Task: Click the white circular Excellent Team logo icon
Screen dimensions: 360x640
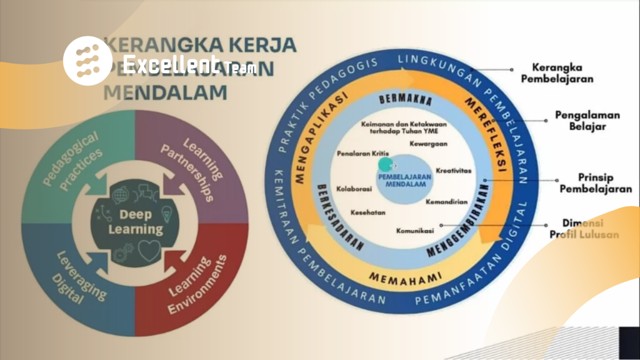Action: pyautogui.click(x=87, y=60)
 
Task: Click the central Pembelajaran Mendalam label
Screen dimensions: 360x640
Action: pyautogui.click(x=404, y=181)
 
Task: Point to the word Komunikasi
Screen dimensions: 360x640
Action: pyautogui.click(x=415, y=231)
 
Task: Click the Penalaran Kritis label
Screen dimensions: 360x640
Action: pyautogui.click(x=360, y=152)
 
